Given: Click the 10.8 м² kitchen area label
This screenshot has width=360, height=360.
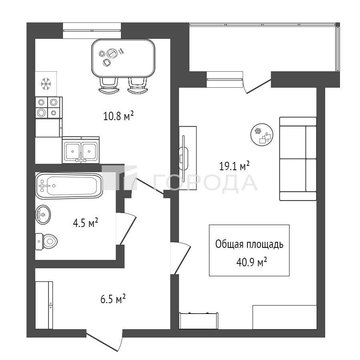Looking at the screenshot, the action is pos(119,116).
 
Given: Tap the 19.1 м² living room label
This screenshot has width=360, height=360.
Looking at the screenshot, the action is pos(234,166).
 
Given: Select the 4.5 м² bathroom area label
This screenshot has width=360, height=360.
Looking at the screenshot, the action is pos(85,223).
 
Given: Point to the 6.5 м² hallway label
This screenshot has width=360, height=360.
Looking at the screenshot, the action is pos(113,299).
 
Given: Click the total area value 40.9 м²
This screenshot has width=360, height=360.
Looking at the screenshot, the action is pos(251,262).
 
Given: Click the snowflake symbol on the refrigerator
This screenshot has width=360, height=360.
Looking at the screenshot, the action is pos(46,84).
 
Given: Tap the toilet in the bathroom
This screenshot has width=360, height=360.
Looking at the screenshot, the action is pos(46,241).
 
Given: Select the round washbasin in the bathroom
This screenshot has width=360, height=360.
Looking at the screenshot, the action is pos(43,215).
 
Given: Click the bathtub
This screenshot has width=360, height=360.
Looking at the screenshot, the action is pos(69,185).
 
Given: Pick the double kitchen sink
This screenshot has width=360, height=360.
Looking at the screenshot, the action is pos(81,151).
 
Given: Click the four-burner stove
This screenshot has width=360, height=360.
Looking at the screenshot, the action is pos(49,107).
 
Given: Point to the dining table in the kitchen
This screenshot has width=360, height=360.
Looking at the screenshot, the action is pos(123,58).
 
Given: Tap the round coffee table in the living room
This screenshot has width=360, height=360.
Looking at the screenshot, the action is pos(262,134).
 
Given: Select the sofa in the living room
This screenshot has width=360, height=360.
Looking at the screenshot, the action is pos(298,159).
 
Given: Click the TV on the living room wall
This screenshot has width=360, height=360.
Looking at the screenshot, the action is pos(183,156).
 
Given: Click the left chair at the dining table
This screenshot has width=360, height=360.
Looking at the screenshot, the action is pos(109,85).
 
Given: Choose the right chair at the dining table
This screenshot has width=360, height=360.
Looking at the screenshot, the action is pos(137,85).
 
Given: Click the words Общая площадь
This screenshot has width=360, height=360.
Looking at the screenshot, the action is pos(249,245).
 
